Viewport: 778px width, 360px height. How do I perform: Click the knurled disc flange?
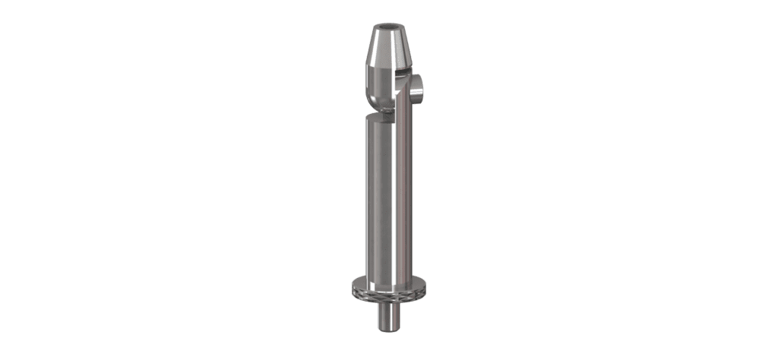pyautogui.click(x=389, y=289)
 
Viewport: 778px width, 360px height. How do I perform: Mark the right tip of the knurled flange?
pyautogui.click(x=426, y=287)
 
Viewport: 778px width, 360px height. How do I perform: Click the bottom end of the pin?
pyautogui.click(x=389, y=327)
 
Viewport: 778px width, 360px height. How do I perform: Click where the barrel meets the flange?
pyautogui.click(x=389, y=278)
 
